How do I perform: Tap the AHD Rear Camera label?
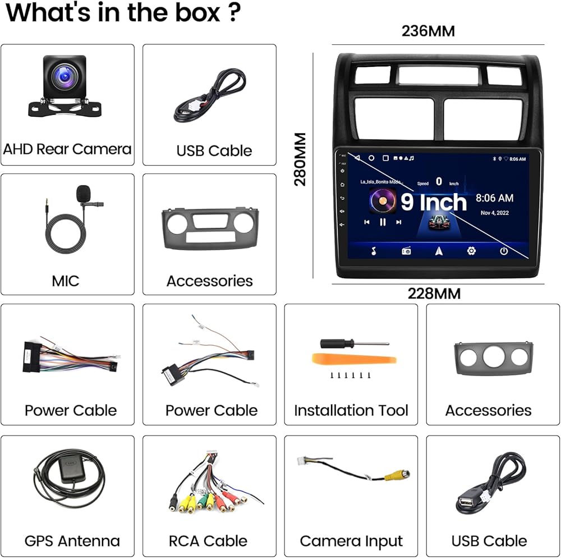click(x=67, y=149)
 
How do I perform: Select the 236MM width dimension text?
click(x=428, y=31)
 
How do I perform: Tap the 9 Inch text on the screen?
click(x=434, y=202)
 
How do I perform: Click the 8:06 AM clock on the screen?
click(x=494, y=198)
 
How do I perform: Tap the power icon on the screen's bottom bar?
click(x=504, y=251)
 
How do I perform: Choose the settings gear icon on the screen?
click(x=471, y=251)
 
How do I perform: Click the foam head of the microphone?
click(x=83, y=194)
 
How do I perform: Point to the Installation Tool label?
click(x=351, y=410)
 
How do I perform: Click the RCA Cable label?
click(x=208, y=541)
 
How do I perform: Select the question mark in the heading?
click(x=235, y=12)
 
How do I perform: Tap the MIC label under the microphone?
click(x=66, y=281)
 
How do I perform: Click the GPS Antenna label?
click(x=72, y=541)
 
